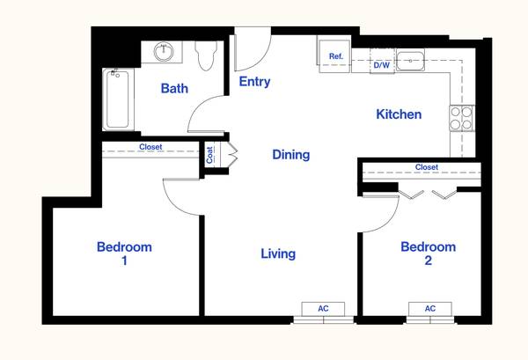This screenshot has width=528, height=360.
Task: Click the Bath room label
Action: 174,89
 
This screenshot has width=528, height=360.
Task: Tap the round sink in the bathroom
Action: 164,52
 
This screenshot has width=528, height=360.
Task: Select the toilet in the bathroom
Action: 206,55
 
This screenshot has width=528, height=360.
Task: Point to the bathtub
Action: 118,99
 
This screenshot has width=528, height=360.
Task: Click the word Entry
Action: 254,82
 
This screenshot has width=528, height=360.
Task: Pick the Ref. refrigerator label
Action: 336,56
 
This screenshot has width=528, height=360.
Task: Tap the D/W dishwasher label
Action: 382,65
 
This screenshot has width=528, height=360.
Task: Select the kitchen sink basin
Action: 410,61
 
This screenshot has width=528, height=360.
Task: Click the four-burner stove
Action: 461,118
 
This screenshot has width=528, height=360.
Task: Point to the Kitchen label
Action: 399,114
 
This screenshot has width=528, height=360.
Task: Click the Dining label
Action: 291,155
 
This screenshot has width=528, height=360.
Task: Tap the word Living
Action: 278,253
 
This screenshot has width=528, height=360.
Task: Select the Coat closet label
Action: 209,155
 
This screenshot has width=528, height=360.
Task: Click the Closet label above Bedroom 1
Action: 150,147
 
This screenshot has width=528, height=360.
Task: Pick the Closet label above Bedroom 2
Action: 427,167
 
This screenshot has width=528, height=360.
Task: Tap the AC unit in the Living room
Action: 323,309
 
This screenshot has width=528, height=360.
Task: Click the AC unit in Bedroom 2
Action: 430,309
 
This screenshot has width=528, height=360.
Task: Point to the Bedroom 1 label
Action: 124,253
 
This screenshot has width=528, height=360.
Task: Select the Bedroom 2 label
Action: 428,253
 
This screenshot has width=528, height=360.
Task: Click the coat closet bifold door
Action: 233,155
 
